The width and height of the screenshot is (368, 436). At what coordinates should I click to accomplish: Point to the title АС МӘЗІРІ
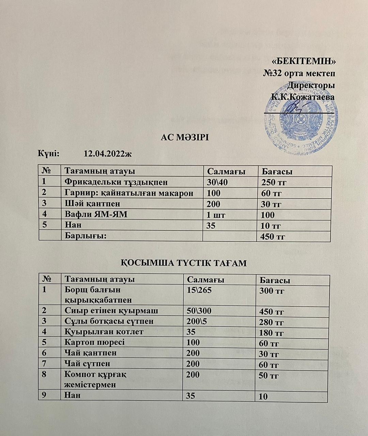[184, 138]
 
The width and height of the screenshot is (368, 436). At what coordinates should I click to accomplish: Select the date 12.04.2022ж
[107, 154]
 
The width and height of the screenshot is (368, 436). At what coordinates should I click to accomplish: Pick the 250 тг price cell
[274, 183]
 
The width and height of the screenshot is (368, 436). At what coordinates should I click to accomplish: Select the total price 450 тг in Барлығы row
[273, 236]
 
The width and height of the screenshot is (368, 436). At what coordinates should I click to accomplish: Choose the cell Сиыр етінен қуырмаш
[111, 311]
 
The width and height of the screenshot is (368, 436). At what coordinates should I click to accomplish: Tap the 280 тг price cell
[272, 322]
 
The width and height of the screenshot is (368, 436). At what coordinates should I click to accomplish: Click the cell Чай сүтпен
[88, 364]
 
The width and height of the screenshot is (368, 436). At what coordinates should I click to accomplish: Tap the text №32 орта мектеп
[300, 73]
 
